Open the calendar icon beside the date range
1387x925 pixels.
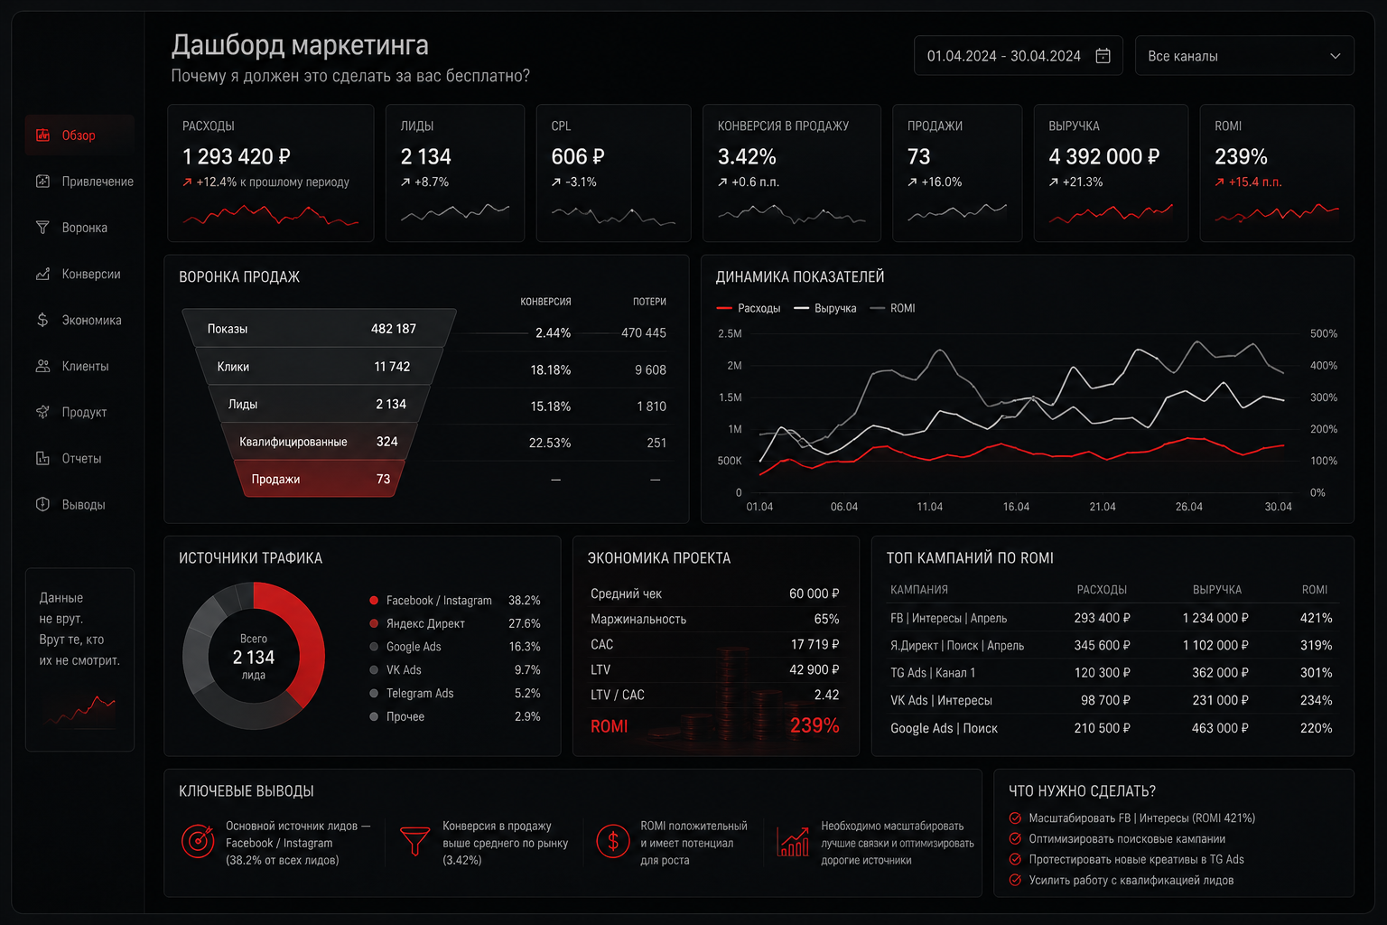(x=1103, y=56)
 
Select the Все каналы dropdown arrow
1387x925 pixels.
(x=1335, y=56)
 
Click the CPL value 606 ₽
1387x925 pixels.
(x=577, y=157)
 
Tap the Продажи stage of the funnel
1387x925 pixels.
(x=320, y=478)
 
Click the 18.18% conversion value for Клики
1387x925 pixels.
(x=550, y=369)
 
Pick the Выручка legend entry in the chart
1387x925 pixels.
(x=825, y=308)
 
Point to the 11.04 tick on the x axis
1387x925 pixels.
(x=929, y=507)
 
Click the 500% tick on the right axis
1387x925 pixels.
(x=1323, y=333)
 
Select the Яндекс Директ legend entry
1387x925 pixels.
(x=424, y=623)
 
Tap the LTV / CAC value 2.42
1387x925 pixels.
(x=826, y=695)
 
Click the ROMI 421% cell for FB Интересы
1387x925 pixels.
(x=1316, y=618)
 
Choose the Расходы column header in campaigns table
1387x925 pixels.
(x=1102, y=590)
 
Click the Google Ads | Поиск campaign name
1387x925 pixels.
(x=944, y=728)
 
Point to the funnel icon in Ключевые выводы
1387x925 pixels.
(x=414, y=841)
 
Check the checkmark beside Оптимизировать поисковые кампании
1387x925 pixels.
(x=1015, y=838)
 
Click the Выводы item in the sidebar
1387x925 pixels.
(x=83, y=504)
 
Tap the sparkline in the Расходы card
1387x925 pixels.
(x=271, y=216)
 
